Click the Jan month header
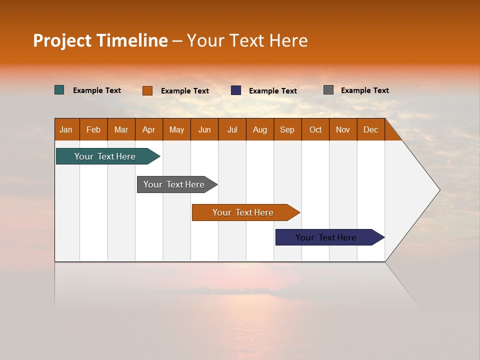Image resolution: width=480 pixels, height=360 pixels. coord(66,129)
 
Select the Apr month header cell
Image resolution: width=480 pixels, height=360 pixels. coord(149,129)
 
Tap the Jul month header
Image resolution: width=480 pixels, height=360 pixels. coord(232,129)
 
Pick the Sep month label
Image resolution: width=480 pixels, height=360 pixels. coord(287,129)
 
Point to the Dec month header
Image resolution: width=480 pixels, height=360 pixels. coord(370,129)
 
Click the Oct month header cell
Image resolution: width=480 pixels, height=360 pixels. coord(315,129)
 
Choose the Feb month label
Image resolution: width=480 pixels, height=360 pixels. coord(93,129)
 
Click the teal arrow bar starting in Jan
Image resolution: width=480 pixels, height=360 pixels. coord(105,156)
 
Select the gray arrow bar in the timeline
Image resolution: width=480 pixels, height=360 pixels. coord(174,184)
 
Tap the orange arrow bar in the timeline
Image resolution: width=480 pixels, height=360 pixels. coord(243,212)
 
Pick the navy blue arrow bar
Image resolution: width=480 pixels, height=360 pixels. coord(326,237)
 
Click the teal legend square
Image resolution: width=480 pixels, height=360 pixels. coord(59,90)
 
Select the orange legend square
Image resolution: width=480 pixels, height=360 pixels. coord(147,90)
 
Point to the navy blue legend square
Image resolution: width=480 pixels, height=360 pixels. coord(236,90)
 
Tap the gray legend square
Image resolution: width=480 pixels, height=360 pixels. coord(328,90)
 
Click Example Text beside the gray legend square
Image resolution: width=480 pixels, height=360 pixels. coord(364,90)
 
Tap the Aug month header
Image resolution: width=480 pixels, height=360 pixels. coord(260,129)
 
